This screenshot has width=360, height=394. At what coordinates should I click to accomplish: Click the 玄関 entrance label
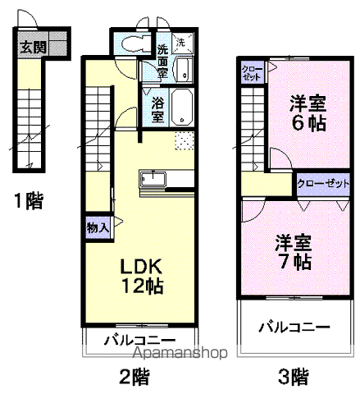click(x=34, y=47)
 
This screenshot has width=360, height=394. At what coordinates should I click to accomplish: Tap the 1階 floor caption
click(x=29, y=199)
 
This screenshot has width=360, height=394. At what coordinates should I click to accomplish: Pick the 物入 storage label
click(x=97, y=227)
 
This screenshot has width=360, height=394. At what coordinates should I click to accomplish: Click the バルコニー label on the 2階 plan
click(x=139, y=339)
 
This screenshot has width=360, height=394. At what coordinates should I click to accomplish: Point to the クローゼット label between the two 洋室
click(x=321, y=184)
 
